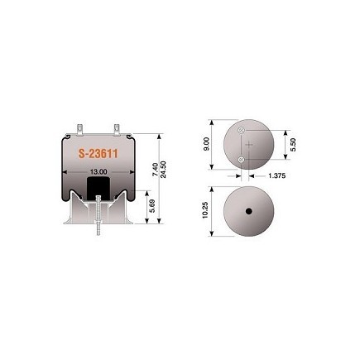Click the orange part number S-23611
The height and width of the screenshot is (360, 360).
tap(98, 154)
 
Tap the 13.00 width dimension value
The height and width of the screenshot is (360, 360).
tap(98, 171)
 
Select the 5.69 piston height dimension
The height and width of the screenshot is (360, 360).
tap(152, 206)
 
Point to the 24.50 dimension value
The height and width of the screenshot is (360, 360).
tap(163, 170)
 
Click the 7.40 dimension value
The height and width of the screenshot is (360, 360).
tap(156, 170)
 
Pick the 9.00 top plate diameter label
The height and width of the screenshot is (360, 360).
tap(207, 144)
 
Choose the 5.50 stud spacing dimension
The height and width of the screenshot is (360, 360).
tap(293, 145)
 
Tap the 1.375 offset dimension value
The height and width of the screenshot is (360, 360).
tap(276, 175)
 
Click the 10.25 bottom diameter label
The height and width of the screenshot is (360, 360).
tap(205, 210)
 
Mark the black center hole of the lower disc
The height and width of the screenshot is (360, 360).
tap(249, 211)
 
